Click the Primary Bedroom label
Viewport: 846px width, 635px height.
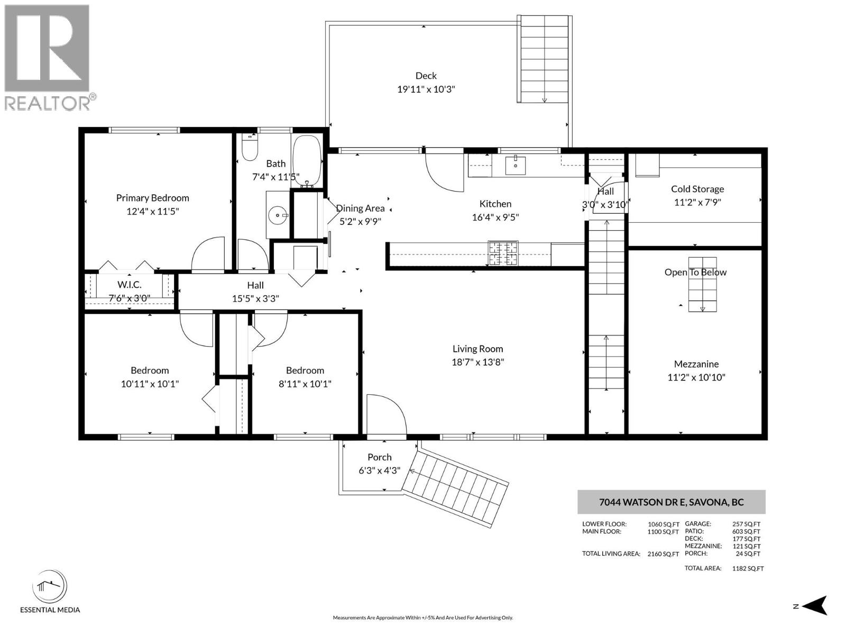point(152,198)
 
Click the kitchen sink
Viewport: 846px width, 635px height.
point(515,165)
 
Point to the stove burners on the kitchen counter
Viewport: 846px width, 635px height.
point(503,253)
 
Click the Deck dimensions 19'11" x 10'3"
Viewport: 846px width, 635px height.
point(426,89)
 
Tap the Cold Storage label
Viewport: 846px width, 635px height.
point(697,189)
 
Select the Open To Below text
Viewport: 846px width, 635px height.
point(695,272)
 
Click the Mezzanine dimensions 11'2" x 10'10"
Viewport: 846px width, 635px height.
point(696,377)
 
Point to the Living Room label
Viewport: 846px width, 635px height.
point(477,349)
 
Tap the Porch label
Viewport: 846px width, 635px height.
point(379,457)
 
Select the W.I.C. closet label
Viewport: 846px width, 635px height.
point(130,285)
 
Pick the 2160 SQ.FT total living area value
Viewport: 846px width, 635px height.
point(663,554)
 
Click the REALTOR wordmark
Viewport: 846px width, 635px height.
point(48,103)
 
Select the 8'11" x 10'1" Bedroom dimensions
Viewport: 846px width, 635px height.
point(305,384)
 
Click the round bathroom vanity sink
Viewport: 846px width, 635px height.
point(277,215)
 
